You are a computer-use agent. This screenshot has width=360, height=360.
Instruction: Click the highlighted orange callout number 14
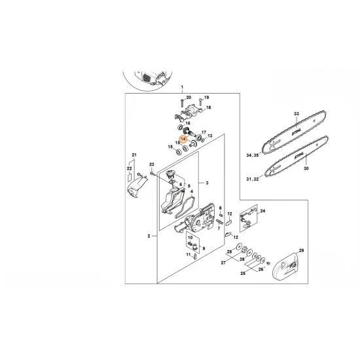click(183, 139)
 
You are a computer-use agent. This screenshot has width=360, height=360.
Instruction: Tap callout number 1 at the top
click(182, 87)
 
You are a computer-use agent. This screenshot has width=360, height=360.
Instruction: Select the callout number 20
click(189, 98)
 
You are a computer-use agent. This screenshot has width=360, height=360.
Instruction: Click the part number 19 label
click(206, 98)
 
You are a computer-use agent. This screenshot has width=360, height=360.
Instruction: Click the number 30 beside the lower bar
click(306, 168)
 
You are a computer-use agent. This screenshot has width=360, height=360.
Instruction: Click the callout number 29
click(302, 251)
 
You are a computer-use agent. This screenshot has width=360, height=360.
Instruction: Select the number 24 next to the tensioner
click(263, 211)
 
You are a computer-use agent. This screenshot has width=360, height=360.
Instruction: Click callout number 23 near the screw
click(151, 164)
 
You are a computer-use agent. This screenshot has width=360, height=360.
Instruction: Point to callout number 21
click(134, 155)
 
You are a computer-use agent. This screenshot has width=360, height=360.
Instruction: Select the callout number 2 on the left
click(149, 236)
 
